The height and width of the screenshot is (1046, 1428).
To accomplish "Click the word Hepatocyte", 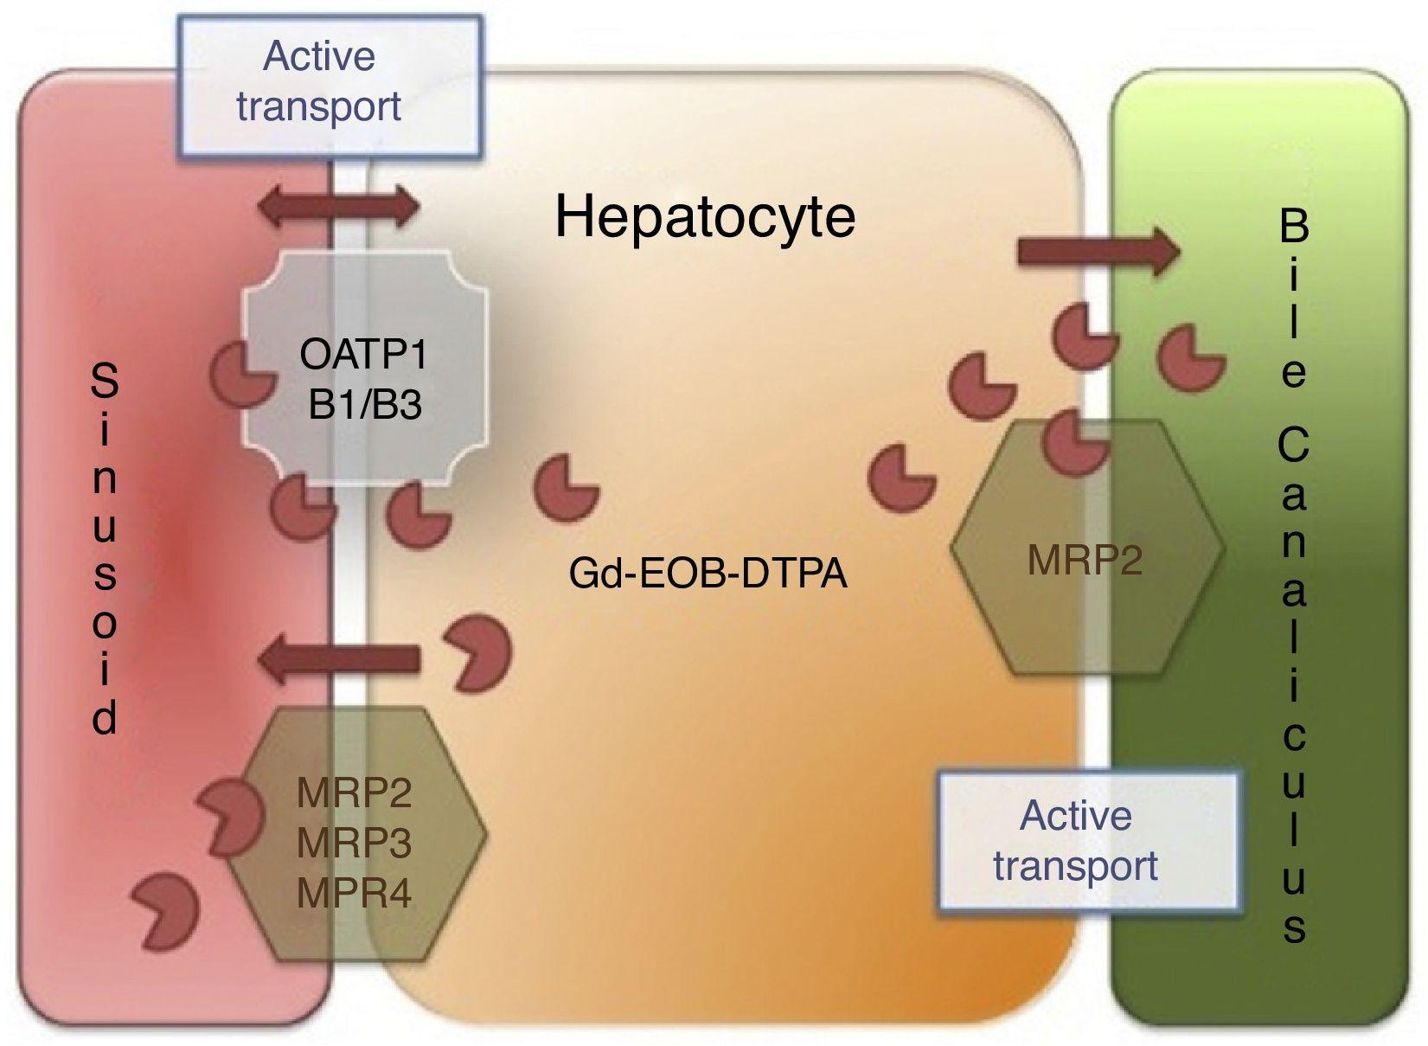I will click(x=705, y=216).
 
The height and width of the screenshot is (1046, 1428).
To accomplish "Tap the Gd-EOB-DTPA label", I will click(x=708, y=573).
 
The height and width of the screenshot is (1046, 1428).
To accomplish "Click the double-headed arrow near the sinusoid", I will click(x=341, y=209).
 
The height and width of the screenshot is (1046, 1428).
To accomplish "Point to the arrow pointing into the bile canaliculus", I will click(x=1098, y=252).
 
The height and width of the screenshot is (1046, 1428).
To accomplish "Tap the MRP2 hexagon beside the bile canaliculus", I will click(x=1085, y=548).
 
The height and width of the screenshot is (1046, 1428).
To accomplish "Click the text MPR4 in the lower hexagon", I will click(x=354, y=894).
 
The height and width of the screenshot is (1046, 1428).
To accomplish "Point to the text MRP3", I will click(x=354, y=844).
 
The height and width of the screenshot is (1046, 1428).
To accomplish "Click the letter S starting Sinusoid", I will click(x=105, y=382).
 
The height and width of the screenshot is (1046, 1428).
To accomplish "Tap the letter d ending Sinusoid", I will click(x=105, y=717).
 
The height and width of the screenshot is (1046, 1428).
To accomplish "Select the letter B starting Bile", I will click(x=1294, y=227).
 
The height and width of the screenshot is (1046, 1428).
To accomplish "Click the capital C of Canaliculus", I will click(x=1294, y=446).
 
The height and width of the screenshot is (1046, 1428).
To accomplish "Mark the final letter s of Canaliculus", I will click(x=1294, y=927).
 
